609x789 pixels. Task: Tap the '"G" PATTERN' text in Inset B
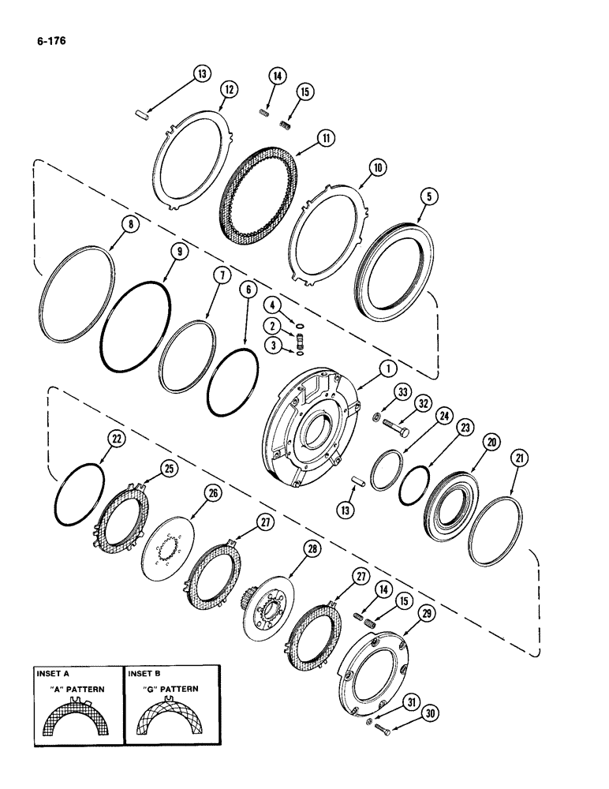[x=162, y=689]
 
